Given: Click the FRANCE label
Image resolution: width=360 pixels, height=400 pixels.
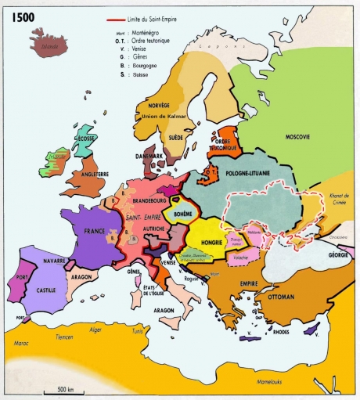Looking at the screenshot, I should (89, 232).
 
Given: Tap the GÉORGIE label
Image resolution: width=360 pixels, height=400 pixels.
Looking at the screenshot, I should (338, 254).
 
